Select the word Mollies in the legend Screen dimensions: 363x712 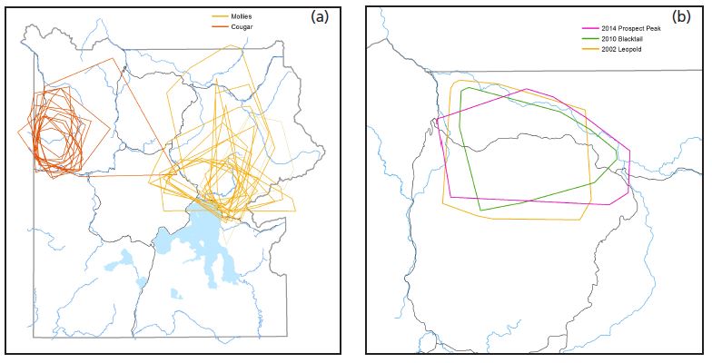pos(241,16)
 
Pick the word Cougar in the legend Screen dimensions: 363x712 pos(241,27)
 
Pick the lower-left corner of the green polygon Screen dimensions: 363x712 pos(480,210)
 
